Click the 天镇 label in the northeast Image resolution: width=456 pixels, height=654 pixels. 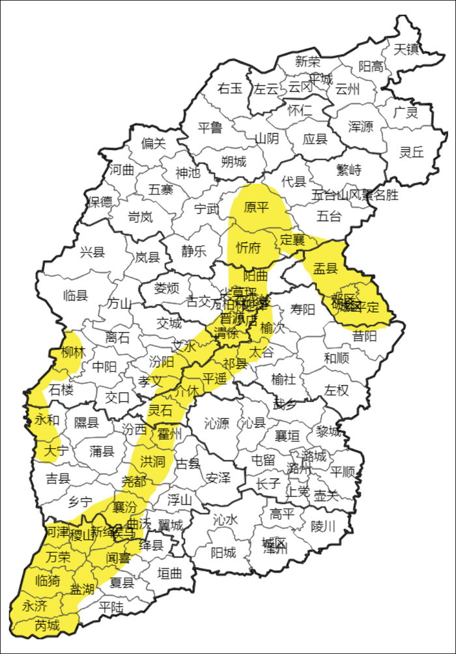click(x=406, y=49)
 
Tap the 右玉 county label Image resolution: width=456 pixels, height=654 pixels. click(x=230, y=88)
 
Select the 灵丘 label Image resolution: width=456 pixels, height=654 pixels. click(x=412, y=152)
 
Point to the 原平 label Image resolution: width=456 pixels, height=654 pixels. click(x=256, y=208)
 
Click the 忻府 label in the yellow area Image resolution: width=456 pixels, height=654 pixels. click(x=248, y=248)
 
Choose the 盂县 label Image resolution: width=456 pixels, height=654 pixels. click(x=326, y=268)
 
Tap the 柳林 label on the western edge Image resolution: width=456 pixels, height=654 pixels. click(x=73, y=353)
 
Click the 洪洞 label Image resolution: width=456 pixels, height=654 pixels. click(x=152, y=462)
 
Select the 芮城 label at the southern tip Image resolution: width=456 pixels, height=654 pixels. click(x=47, y=626)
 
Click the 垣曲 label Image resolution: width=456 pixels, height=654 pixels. click(x=170, y=573)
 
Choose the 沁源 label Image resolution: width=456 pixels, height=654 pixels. click(x=216, y=424)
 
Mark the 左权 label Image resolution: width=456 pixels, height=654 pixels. click(x=337, y=390)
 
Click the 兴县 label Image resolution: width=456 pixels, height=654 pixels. click(x=92, y=253)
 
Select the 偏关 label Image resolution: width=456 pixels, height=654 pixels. click(x=154, y=143)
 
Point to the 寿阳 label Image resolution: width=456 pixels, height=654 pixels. click(x=302, y=309)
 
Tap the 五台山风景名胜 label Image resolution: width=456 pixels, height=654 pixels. click(x=355, y=195)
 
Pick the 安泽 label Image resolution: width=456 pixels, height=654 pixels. click(x=218, y=478)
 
